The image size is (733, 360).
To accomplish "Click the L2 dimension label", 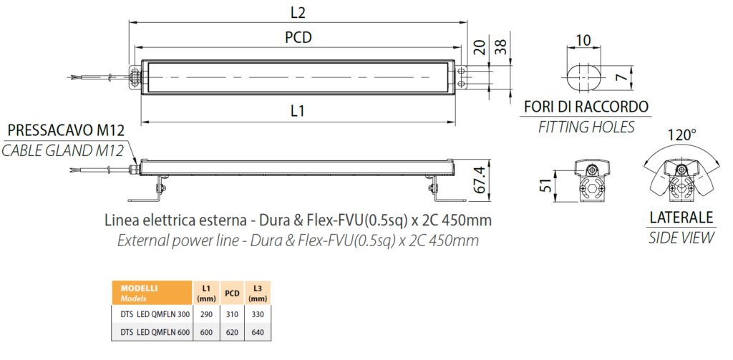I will tap(298, 12).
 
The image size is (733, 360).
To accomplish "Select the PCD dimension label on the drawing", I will tap(298, 38).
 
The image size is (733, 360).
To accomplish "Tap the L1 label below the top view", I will tap(298, 111).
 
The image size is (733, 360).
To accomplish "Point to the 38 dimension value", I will tap(502, 47).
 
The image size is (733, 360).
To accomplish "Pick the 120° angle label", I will tap(681, 134).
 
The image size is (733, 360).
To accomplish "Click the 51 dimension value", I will tap(544, 184).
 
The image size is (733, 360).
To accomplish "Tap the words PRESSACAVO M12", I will tap(65, 130).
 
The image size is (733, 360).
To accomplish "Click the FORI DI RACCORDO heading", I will tap(586, 107).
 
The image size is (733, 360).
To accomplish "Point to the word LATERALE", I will tap(681, 218).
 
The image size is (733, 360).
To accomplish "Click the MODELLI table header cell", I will tap(151, 292).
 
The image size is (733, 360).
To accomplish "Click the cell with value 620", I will tap(232, 331).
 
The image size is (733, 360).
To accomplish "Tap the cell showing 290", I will tap(205, 313).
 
